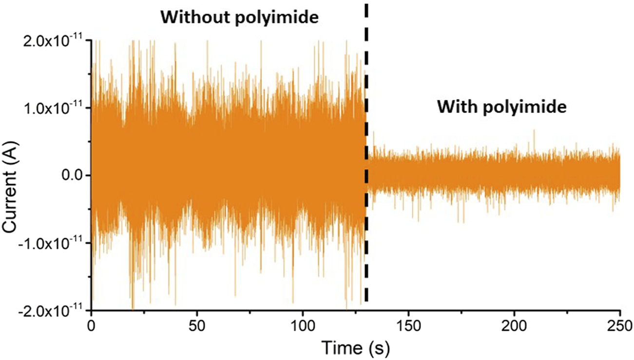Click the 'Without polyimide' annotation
point(240,18)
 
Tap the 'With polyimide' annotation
point(501,107)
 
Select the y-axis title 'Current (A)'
point(13,175)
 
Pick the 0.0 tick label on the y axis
point(70,175)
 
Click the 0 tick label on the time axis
point(92,325)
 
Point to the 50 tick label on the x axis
point(197,325)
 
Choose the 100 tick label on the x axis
point(303,325)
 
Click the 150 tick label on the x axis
point(408,325)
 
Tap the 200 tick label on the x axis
point(514,325)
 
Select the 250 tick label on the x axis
point(619,325)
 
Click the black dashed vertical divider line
point(366,146)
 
